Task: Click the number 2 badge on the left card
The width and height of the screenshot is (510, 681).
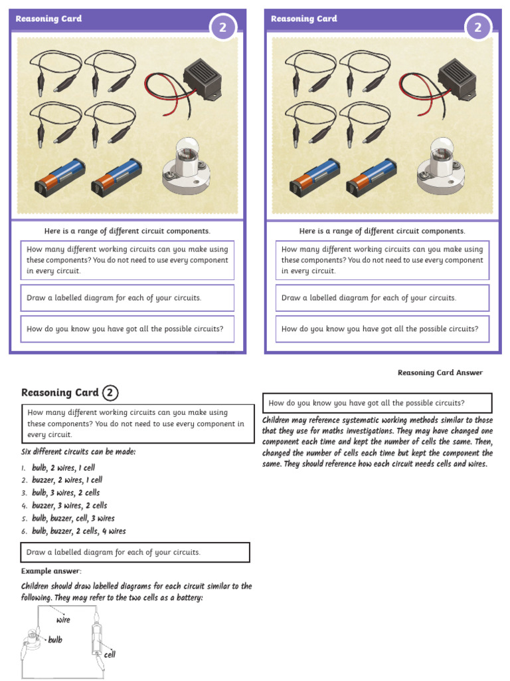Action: pyautogui.click(x=223, y=27)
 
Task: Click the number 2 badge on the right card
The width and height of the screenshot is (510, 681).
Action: pyautogui.click(x=478, y=27)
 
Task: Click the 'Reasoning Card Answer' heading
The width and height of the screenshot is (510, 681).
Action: pyautogui.click(x=440, y=372)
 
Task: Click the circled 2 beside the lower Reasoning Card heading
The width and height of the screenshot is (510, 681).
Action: pyautogui.click(x=110, y=393)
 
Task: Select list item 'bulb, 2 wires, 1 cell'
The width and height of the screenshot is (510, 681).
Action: pyautogui.click(x=63, y=468)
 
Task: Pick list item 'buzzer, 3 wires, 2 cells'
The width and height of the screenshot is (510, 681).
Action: pyautogui.click(x=69, y=505)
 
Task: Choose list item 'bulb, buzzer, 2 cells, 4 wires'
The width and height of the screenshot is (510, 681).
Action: pyautogui.click(x=78, y=531)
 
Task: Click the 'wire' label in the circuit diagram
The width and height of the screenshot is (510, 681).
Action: pyautogui.click(x=63, y=620)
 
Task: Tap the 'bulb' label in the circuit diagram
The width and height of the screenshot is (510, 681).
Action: pyautogui.click(x=55, y=640)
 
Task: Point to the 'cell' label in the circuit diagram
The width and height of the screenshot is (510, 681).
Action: pyautogui.click(x=110, y=654)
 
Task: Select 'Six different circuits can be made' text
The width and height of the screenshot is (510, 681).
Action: pyautogui.click(x=78, y=452)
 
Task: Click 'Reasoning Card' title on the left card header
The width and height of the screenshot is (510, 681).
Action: pyautogui.click(x=48, y=19)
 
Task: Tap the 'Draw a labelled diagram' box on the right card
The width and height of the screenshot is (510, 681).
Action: pyautogui.click(x=382, y=298)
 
